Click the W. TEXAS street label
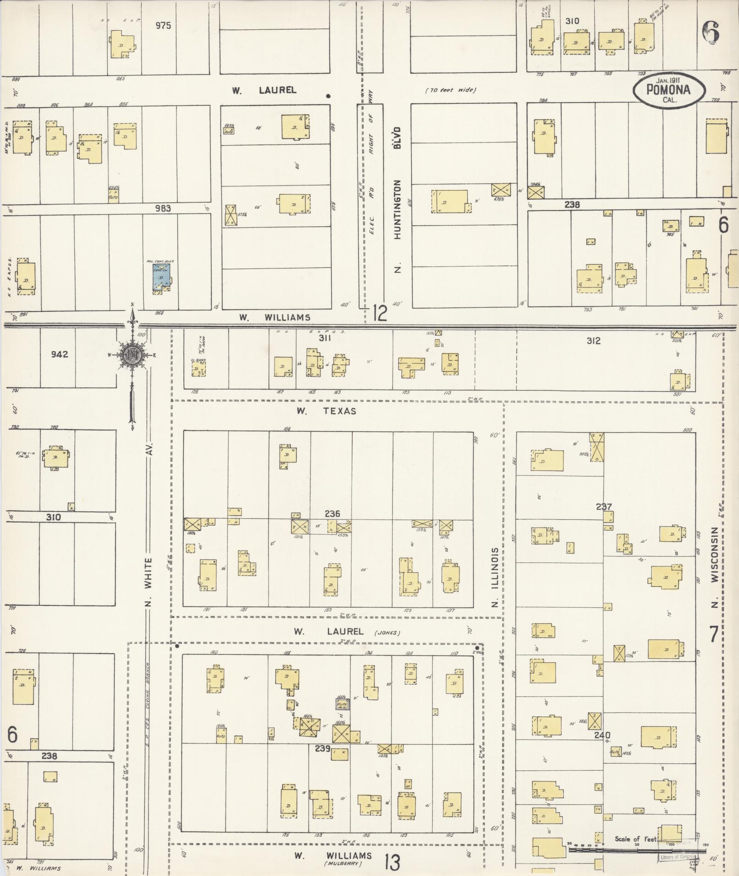(326, 411)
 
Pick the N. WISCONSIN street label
(714, 567)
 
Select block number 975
(163, 26)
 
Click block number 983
(163, 208)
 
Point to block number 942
(60, 354)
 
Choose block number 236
(332, 514)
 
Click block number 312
(593, 341)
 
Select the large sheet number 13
(392, 862)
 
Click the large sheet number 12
(380, 314)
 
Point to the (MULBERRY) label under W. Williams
(343, 864)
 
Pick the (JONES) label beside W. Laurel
(387, 633)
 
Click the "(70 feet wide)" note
(450, 90)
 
